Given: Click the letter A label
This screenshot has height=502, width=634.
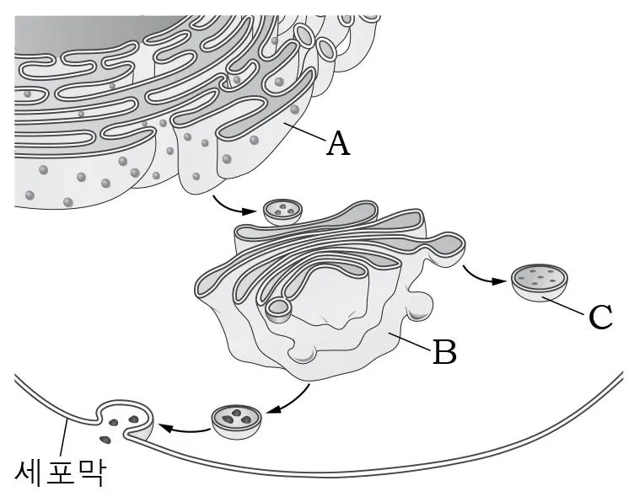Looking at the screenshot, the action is tap(338, 144).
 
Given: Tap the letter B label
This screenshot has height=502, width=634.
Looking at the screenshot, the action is tap(445, 351).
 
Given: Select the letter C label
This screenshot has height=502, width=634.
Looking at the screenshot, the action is tap(600, 316).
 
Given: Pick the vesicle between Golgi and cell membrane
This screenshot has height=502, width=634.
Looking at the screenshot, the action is tap(237, 422).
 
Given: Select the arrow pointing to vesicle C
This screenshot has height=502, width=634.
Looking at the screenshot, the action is tap(481, 276).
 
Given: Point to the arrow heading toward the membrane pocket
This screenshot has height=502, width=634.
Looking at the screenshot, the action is tap(184, 428).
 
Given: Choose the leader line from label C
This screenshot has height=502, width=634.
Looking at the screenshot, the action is tap(564, 306).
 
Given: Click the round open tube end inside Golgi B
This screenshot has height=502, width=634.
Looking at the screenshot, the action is tap(278, 310).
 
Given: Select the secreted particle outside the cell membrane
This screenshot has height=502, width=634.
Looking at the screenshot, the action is tap(106, 440).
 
